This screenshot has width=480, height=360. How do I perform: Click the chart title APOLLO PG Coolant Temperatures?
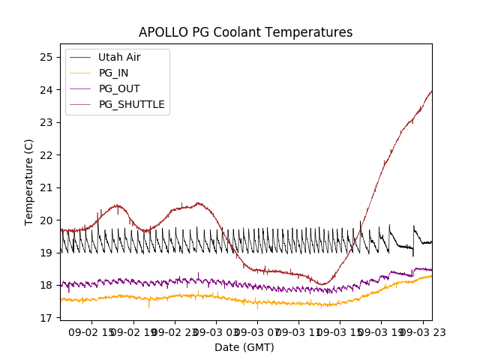(245, 32)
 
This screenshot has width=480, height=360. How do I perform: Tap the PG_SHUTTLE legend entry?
(131, 104)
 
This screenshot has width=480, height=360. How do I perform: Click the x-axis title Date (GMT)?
(244, 347)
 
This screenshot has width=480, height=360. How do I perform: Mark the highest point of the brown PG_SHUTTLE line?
(431, 91)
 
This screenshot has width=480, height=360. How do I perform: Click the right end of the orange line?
(431, 276)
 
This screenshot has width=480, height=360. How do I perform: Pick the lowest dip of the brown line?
(323, 284)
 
